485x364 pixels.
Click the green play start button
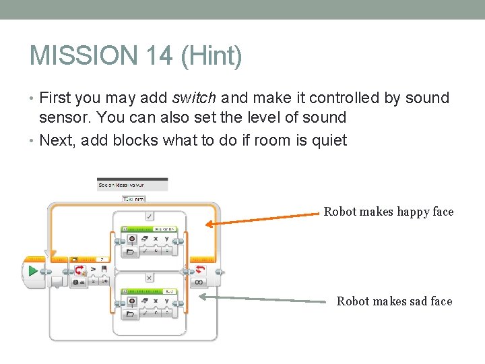click(x=32, y=272)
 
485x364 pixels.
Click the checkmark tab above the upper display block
click(x=149, y=216)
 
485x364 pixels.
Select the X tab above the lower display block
click(x=149, y=277)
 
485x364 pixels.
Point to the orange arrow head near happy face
click(x=209, y=224)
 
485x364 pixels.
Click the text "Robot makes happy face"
click(x=389, y=212)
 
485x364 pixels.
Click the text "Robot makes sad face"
click(x=394, y=301)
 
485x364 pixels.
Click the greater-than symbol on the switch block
click(x=94, y=269)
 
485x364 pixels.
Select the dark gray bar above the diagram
click(x=132, y=184)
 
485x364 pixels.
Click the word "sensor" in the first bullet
click(x=65, y=117)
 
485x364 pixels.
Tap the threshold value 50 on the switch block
click(x=104, y=281)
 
